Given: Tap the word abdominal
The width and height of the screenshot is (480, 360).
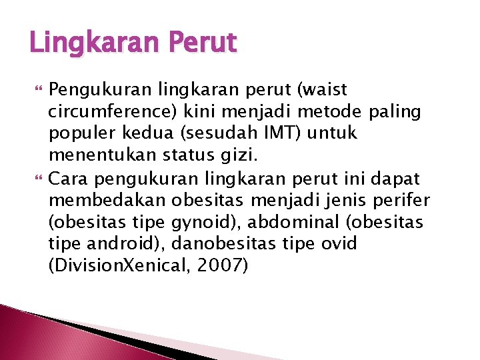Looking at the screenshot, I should (303, 222).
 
